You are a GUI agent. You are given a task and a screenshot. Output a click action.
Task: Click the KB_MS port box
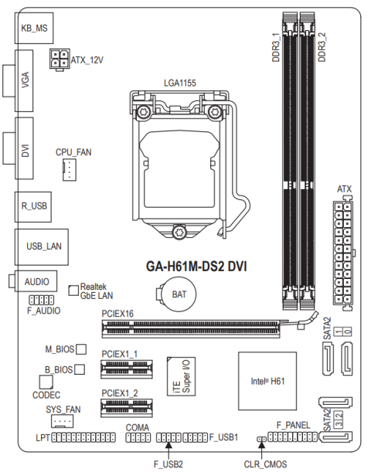(34, 28)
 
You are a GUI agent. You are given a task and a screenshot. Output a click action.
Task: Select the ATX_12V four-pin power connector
(60, 59)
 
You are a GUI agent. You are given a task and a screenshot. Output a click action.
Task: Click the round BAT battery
(178, 294)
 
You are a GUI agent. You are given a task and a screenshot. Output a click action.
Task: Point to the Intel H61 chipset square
(267, 381)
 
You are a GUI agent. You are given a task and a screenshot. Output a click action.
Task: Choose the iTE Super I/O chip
(182, 376)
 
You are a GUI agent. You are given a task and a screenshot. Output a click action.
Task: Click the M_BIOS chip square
(81, 349)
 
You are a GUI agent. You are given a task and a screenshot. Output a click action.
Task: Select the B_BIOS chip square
(80, 369)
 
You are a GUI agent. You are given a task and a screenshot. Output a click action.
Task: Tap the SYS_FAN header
(62, 421)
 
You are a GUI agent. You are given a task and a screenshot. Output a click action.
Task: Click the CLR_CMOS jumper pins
(262, 439)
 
